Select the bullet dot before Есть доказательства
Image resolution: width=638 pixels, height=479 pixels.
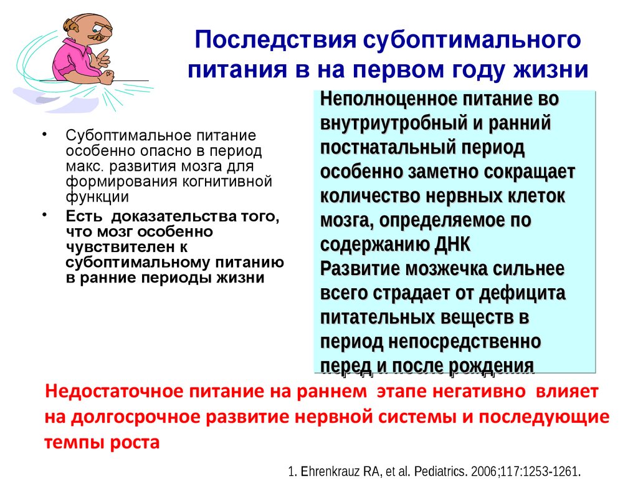(45, 215)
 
